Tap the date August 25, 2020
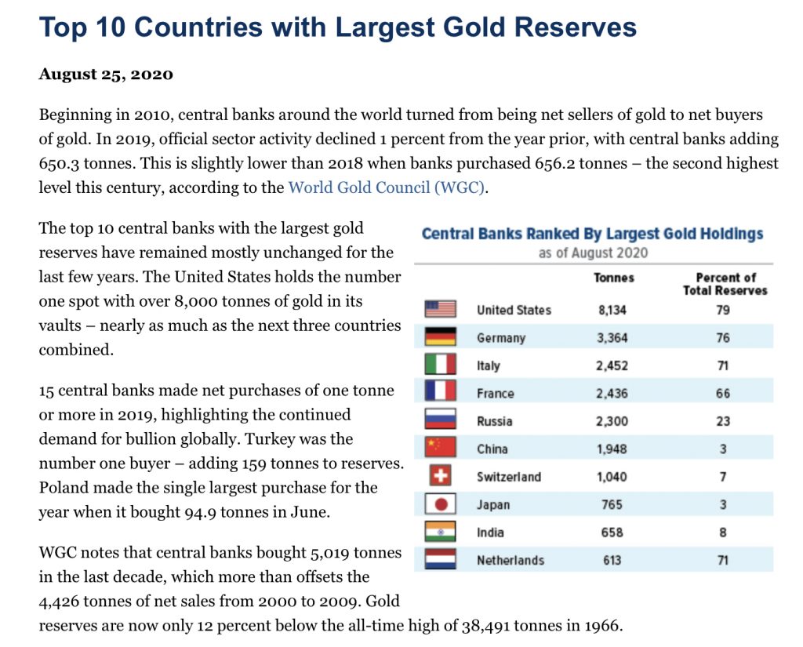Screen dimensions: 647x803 point(106,75)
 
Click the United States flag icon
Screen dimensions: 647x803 point(440,309)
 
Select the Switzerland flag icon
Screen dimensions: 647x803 point(440,476)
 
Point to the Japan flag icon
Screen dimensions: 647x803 point(440,504)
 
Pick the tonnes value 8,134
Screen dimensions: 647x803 point(612,310)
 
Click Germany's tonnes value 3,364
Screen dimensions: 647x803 point(612,338)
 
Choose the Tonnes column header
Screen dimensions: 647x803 point(614,278)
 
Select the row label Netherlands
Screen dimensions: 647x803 point(510,560)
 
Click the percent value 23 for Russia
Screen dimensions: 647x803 point(722,421)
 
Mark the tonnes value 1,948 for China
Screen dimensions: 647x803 point(612,449)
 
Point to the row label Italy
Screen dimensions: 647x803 point(488,365)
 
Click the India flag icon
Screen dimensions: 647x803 point(440,532)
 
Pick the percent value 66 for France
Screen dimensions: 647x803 point(722,394)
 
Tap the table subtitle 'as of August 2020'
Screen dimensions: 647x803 point(593,253)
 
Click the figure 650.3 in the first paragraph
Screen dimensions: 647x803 point(60,163)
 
